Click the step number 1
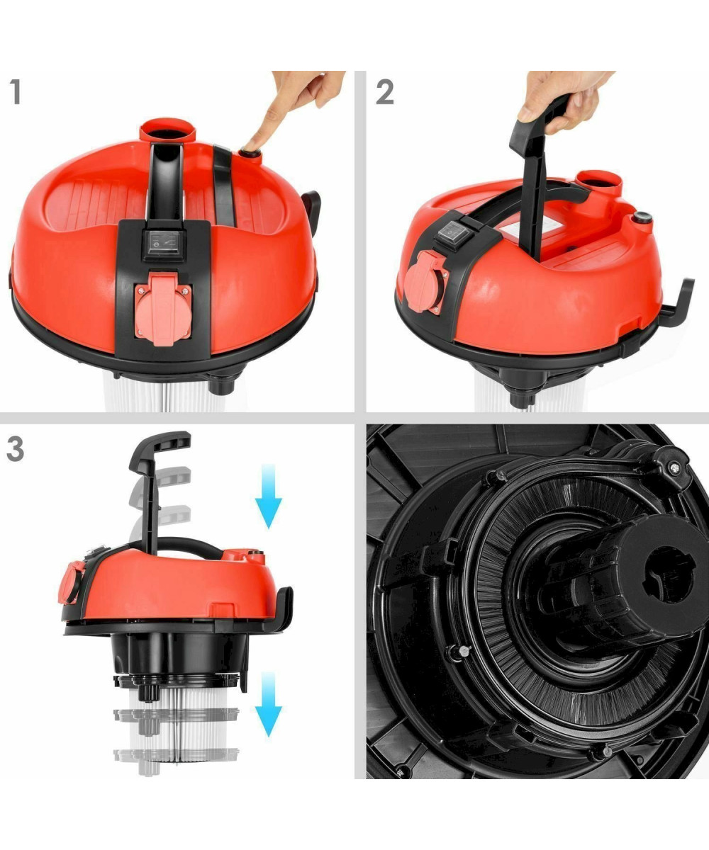tap(16, 92)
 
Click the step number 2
tap(385, 92)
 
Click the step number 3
tap(16, 449)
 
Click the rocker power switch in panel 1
tap(163, 244)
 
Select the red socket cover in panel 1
tap(162, 309)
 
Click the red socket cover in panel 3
tap(70, 582)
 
